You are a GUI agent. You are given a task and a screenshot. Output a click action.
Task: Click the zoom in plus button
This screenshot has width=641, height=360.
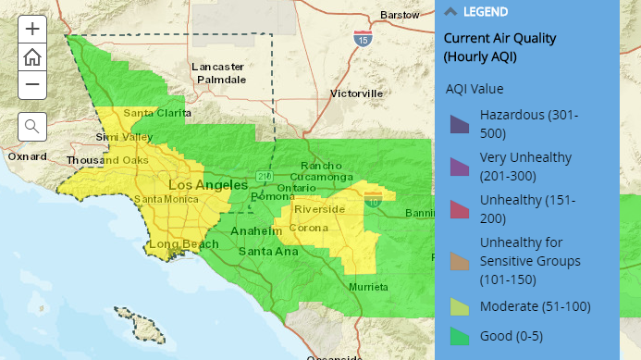(x=31, y=29)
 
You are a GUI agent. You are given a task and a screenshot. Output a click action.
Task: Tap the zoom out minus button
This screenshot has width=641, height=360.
(x=31, y=84)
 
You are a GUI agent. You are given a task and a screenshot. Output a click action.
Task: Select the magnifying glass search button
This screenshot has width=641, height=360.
(x=31, y=126)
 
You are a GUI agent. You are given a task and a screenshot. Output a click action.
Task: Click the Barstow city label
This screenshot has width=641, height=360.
(x=400, y=16)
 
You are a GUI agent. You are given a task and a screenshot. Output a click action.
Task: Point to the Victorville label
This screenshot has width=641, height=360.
(x=356, y=94)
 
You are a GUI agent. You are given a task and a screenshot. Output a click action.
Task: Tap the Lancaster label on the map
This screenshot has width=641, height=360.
(x=217, y=67)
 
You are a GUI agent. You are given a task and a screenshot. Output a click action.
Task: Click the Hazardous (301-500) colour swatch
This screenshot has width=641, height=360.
(x=460, y=124)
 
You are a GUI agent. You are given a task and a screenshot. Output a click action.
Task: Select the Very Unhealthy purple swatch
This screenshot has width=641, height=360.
(x=460, y=167)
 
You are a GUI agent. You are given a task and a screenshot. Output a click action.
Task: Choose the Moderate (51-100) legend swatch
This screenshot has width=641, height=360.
(x=460, y=307)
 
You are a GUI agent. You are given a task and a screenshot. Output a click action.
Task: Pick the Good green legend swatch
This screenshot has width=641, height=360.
(x=460, y=336)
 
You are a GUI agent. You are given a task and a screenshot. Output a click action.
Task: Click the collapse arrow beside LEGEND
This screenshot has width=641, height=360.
(x=450, y=12)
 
